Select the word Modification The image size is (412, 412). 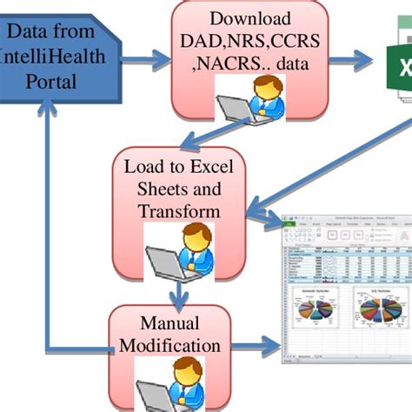[x=169, y=345]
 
